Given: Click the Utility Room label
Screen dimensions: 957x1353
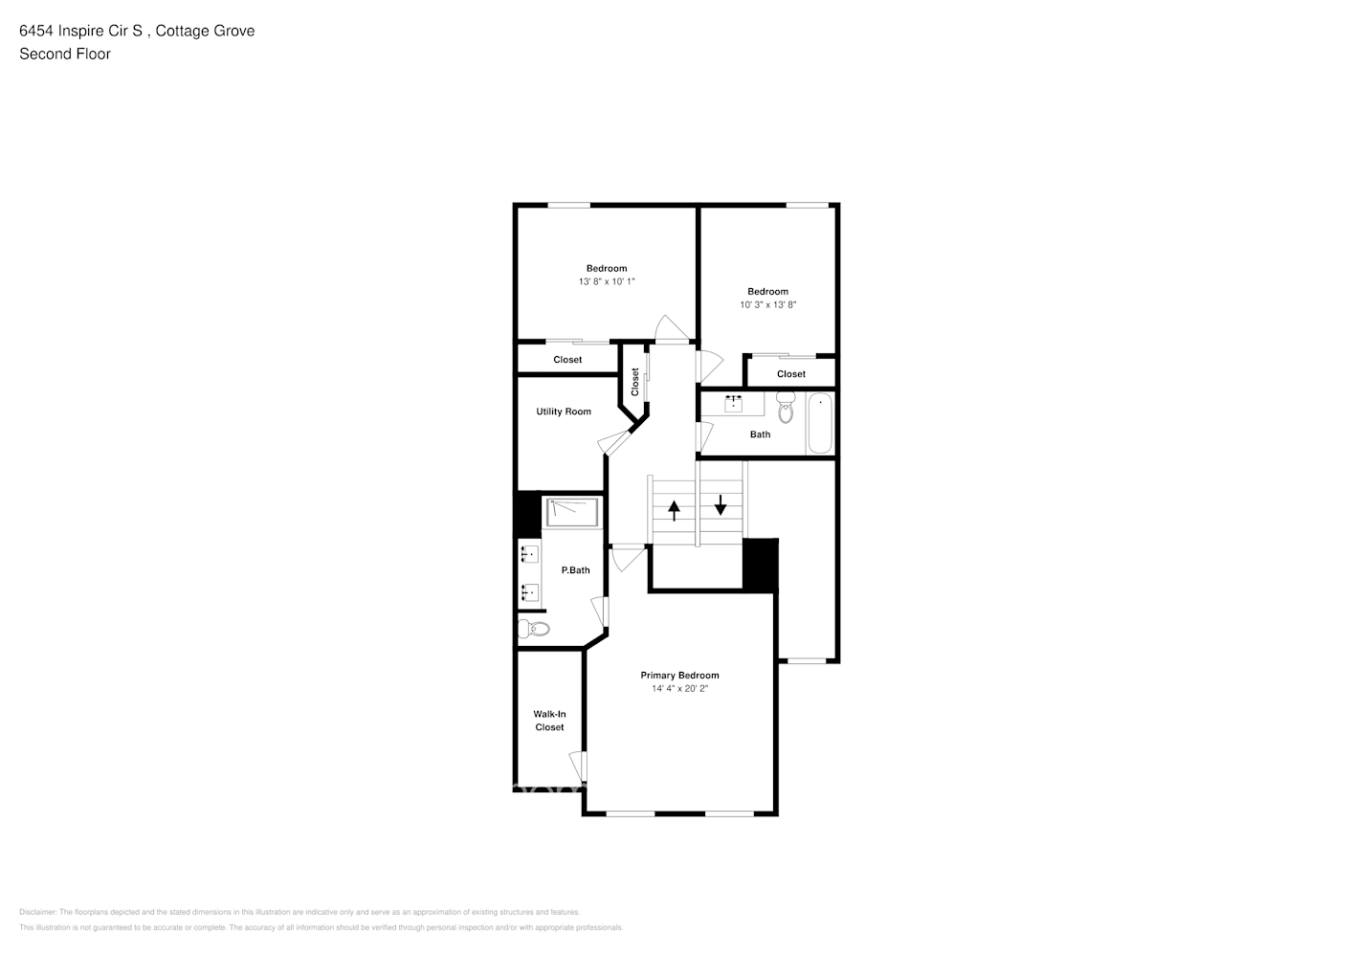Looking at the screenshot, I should point(564,412).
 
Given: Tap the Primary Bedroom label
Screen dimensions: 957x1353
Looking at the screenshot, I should point(679,676).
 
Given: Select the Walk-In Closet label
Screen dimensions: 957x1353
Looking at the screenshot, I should point(549,721).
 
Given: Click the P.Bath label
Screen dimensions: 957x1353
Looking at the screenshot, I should point(575,570).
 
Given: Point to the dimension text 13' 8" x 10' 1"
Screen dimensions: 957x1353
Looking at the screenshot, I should point(607,282).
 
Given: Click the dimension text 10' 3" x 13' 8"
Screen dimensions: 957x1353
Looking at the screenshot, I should point(767,305).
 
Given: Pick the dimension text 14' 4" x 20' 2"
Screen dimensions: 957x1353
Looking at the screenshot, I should point(679,689).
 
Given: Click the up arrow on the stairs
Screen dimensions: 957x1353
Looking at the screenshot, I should point(674,511).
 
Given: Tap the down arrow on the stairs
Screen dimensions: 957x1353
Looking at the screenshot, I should point(721,503).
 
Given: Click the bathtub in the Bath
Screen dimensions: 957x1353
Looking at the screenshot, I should point(820,424).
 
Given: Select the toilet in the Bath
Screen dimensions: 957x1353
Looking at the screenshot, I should point(786,408).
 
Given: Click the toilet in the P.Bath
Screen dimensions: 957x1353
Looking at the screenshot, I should point(533,629).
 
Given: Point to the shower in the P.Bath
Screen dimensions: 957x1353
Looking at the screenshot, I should point(572,512).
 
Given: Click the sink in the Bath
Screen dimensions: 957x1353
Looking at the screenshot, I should point(734,404).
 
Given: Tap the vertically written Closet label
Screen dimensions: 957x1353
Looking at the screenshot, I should point(634,382).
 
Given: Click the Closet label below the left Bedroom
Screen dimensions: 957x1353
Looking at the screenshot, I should point(567,360).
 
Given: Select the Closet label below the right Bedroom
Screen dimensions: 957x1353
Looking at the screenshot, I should point(791,374).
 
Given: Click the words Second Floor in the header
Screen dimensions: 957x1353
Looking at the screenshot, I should point(65,55).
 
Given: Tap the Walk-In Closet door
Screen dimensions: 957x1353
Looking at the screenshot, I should point(578,766).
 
